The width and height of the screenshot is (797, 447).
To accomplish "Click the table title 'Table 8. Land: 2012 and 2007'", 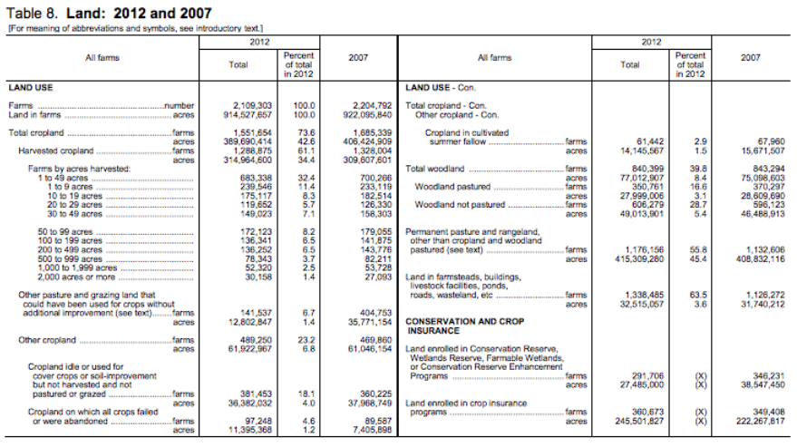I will [x=109, y=13].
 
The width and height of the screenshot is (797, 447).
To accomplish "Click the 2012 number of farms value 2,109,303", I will [x=248, y=105].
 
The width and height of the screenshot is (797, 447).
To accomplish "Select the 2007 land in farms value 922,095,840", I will [x=369, y=114].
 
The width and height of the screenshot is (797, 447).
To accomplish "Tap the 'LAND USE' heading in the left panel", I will [x=32, y=88].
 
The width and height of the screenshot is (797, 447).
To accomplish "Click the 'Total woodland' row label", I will [x=435, y=169].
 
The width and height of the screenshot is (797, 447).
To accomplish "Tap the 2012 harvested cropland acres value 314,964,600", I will [x=248, y=160].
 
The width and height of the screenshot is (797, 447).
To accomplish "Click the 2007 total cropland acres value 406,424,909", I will [x=369, y=141].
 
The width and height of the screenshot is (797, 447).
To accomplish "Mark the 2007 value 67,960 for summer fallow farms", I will [x=766, y=141].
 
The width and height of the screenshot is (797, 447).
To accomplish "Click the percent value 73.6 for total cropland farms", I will [x=302, y=132].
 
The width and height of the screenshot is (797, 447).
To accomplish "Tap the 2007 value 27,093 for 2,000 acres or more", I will [x=375, y=277].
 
